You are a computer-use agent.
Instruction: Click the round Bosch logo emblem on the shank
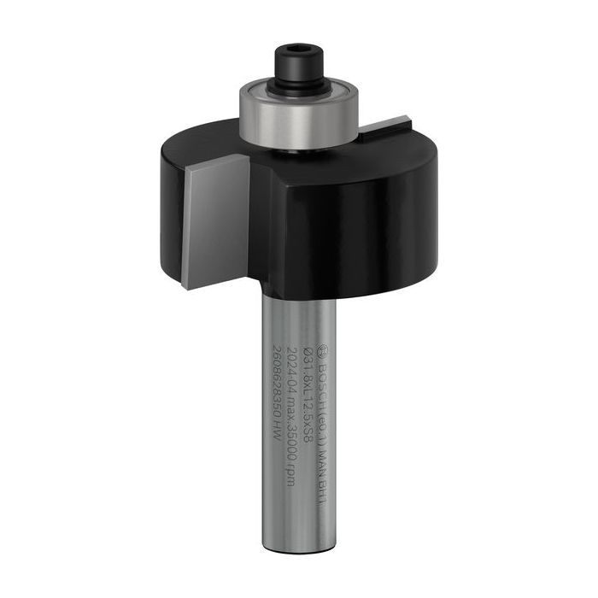322,349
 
